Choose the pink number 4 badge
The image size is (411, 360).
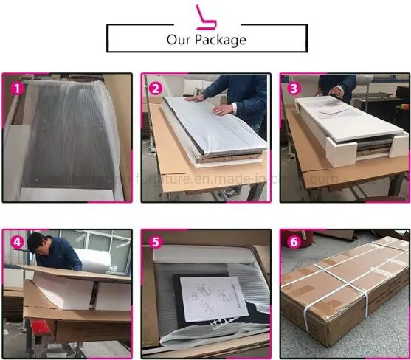coord(16,242)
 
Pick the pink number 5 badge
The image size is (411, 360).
coord(155,242)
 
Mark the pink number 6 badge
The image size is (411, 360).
coord(294,242)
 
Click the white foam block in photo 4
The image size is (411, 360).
coord(63,291)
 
